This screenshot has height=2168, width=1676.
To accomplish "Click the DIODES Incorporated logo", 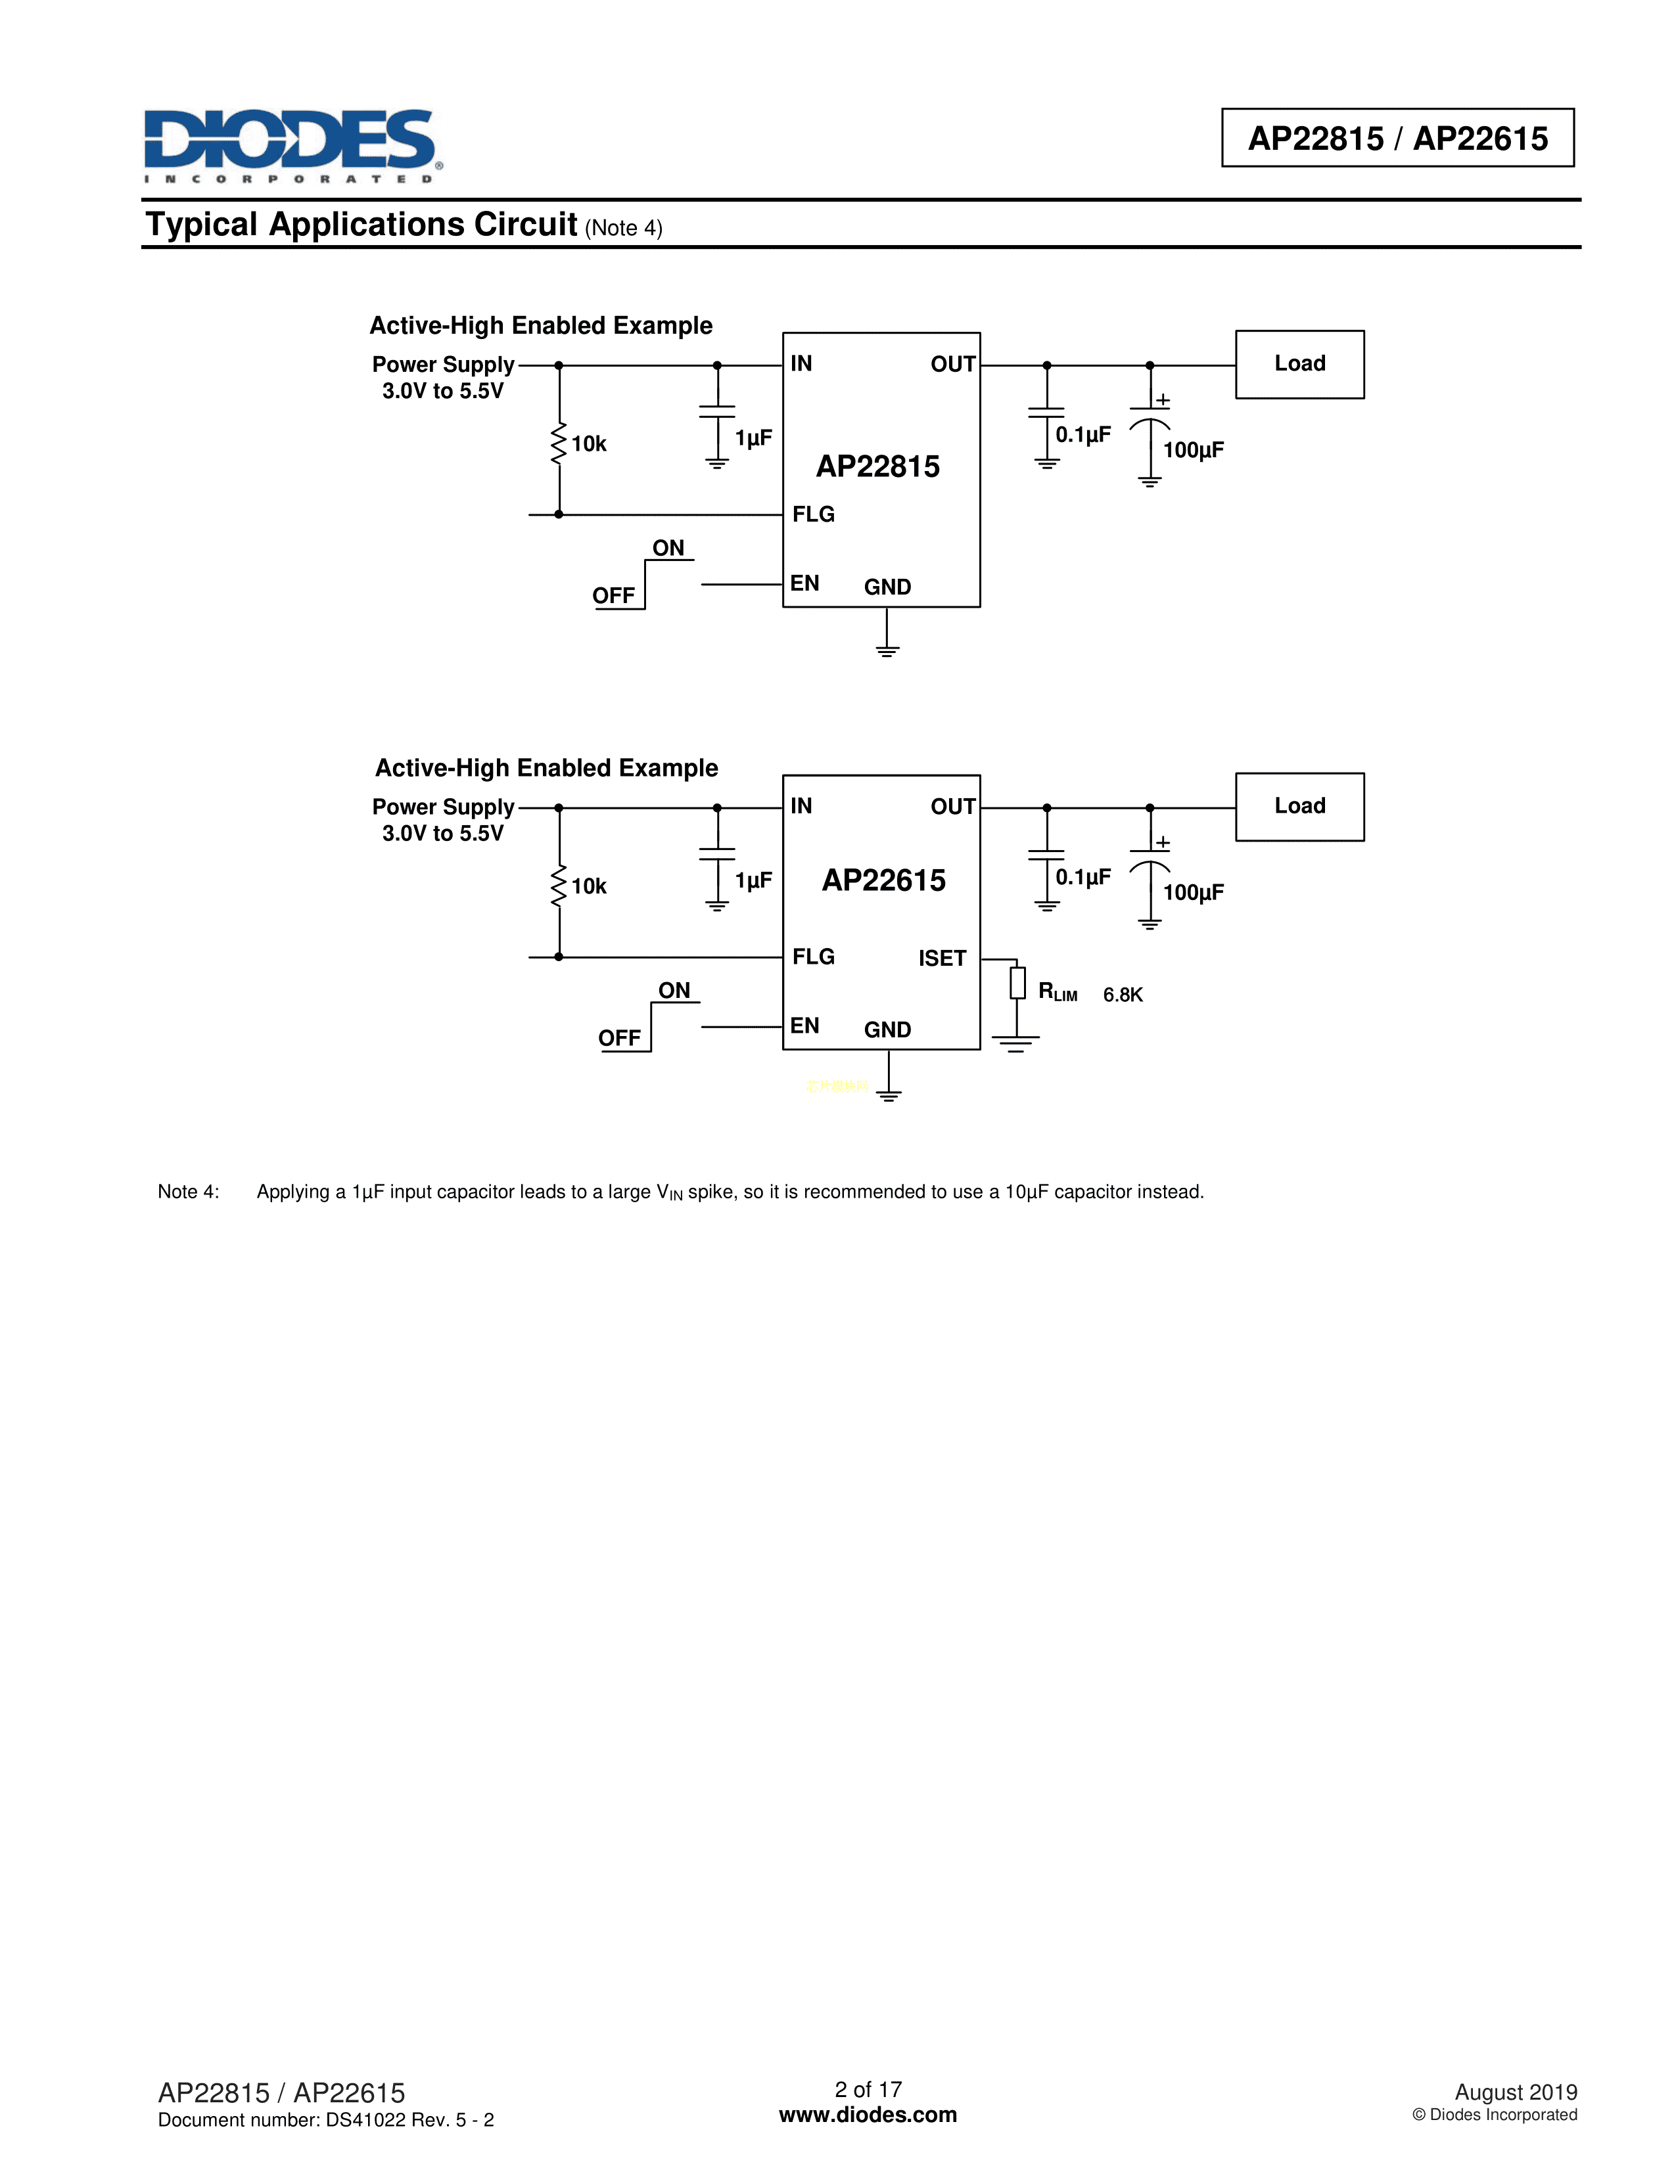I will tap(292, 144).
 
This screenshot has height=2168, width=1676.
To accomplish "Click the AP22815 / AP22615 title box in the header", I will tap(1397, 138).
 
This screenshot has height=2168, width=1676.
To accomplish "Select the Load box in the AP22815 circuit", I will tap(1299, 365).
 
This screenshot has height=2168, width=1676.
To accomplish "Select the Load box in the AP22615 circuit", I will tap(1299, 806).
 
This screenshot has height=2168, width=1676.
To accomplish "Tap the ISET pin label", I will tap(941, 958).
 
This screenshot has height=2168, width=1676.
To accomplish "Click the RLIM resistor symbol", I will tap(1017, 983).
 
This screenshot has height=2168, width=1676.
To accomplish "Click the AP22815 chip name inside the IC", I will tap(877, 466).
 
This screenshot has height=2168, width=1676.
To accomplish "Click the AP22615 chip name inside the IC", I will tap(883, 880).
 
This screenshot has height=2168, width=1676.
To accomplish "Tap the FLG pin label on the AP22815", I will tap(813, 514).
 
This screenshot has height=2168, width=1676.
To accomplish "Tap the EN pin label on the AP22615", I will tap(804, 1026).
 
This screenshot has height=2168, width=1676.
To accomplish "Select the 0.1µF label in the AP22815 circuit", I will tap(1082, 435).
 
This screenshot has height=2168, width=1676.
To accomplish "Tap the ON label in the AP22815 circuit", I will tap(668, 548).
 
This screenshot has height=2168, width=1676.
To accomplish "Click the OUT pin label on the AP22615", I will tap(952, 806).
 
